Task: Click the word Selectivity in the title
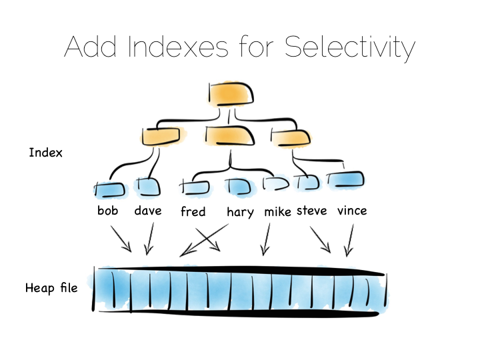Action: pyautogui.click(x=350, y=48)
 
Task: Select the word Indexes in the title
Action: pyautogui.click(x=178, y=47)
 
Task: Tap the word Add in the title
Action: pyautogui.click(x=90, y=47)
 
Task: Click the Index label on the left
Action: pyautogui.click(x=45, y=153)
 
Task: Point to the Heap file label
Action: pyautogui.click(x=51, y=288)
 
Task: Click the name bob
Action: pyautogui.click(x=108, y=211)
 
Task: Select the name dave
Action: pyautogui.click(x=148, y=211)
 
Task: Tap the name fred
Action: pyautogui.click(x=193, y=211)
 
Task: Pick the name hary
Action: pyautogui.click(x=240, y=212)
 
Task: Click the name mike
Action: pyautogui.click(x=277, y=211)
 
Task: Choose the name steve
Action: pyautogui.click(x=311, y=211)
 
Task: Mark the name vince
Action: pyautogui.click(x=352, y=211)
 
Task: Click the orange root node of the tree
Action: pyautogui.click(x=231, y=94)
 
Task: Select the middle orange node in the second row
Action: pyautogui.click(x=229, y=135)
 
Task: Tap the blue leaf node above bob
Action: pyautogui.click(x=110, y=189)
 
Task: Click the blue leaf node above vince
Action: pyautogui.click(x=345, y=179)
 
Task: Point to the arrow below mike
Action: pyautogui.click(x=266, y=239)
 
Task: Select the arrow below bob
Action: pyautogui.click(x=121, y=239)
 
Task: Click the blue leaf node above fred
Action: pyautogui.click(x=195, y=187)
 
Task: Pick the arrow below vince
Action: pyautogui.click(x=350, y=240)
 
